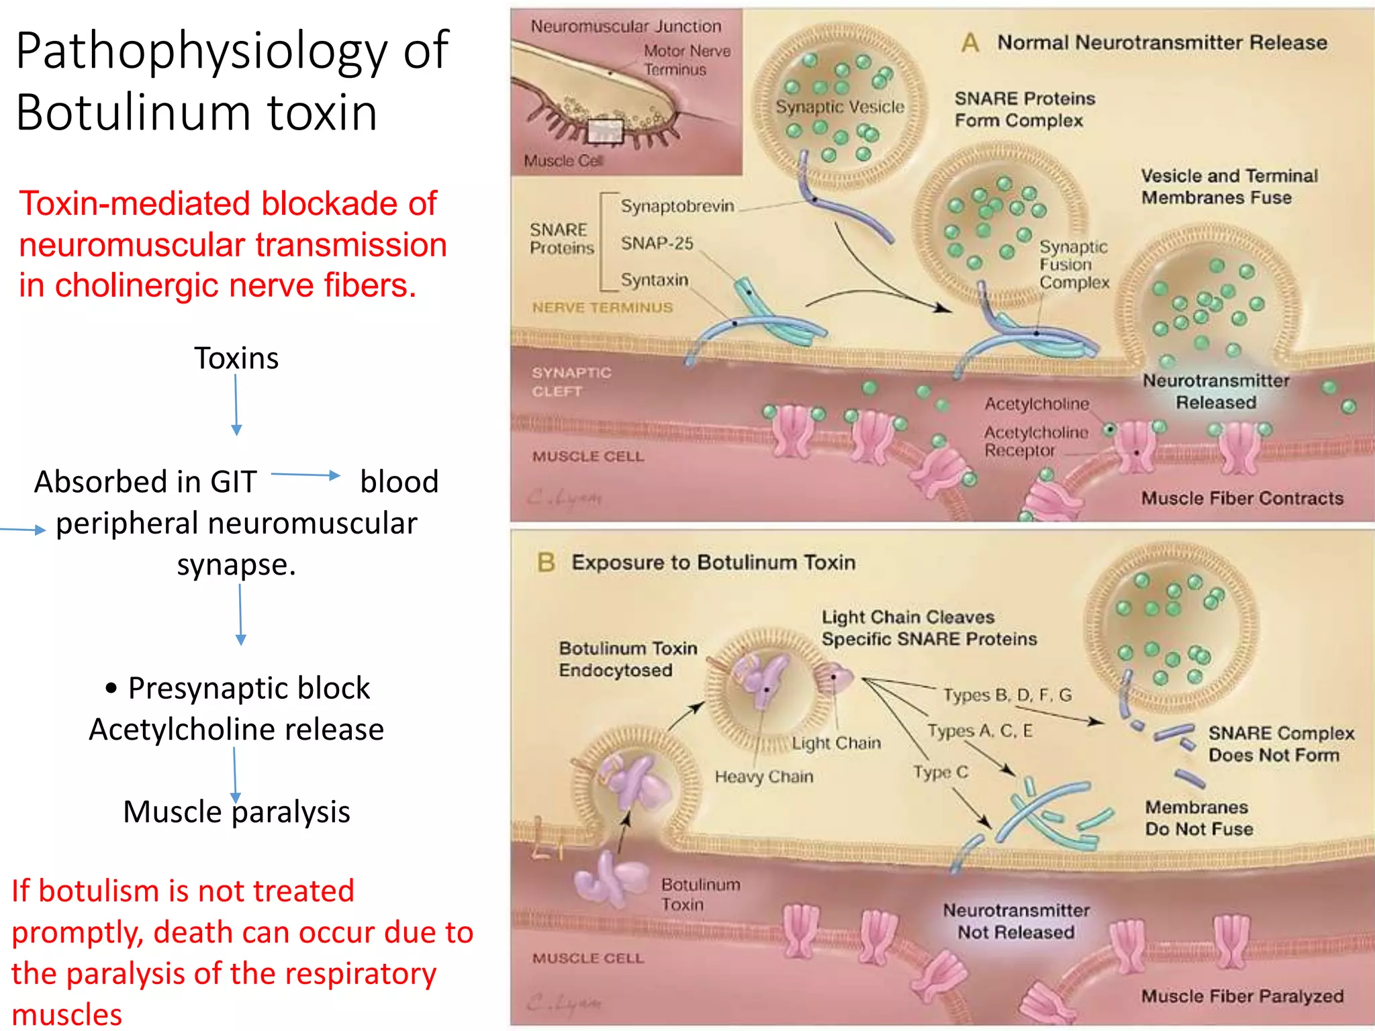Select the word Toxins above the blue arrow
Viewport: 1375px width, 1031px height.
point(236,358)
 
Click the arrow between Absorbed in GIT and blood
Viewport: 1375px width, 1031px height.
point(305,475)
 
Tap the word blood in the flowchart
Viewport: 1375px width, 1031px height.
point(399,482)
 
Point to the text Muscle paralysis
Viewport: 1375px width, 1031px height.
point(236,812)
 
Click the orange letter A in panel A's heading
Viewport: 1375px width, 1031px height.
point(969,43)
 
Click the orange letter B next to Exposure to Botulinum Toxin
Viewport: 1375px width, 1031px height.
point(546,562)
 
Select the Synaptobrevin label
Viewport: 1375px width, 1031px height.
point(677,206)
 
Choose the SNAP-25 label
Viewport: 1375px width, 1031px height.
point(657,243)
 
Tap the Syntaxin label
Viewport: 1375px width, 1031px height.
point(654,279)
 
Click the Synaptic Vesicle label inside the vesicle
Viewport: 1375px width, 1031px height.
point(839,107)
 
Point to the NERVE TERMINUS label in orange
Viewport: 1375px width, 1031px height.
point(602,307)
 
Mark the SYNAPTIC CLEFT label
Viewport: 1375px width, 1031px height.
point(571,381)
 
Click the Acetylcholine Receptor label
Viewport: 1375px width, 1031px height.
point(1035,441)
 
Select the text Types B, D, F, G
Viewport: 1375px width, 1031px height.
point(1007,695)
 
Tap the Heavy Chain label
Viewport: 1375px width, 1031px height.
point(763,777)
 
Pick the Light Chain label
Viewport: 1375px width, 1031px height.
point(836,743)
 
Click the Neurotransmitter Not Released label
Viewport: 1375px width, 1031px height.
point(1016,921)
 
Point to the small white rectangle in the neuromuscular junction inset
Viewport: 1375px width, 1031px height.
point(606,132)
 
